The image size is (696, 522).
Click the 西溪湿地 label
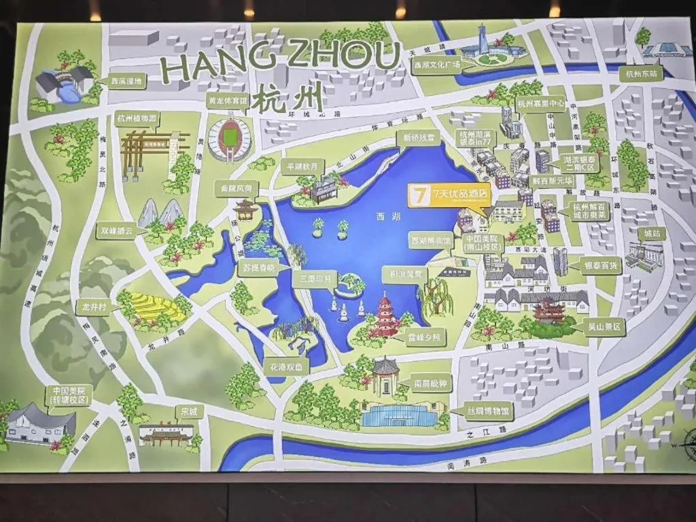click(x=126, y=82)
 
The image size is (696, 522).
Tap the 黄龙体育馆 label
click(x=227, y=100)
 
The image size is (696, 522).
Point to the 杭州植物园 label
click(x=137, y=118)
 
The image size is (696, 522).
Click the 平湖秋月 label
click(x=304, y=166)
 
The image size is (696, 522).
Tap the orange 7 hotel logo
click(x=419, y=195)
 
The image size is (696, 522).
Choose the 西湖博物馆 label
click(x=430, y=241)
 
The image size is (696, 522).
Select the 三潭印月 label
click(x=313, y=279)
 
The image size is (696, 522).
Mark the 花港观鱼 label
click(x=286, y=366)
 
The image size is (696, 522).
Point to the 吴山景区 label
click(x=604, y=327)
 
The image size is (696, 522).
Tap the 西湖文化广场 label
click(x=437, y=65)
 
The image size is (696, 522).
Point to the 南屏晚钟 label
click(x=430, y=384)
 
